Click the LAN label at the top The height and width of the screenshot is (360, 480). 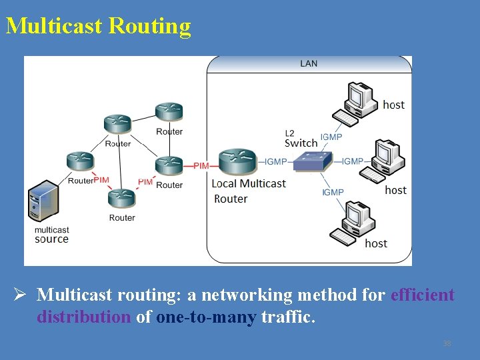coord(309,63)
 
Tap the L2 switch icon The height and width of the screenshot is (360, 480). coord(313,161)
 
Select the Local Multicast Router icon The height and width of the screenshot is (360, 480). coord(237,161)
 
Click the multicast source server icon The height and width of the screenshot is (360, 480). coord(44,202)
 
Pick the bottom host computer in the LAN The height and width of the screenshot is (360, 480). coord(351,223)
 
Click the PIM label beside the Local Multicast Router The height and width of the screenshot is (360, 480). coord(201,165)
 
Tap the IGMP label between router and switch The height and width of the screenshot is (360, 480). coord(275,161)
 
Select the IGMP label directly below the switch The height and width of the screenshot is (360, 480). coord(333,192)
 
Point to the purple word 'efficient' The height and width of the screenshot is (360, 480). coord(423,295)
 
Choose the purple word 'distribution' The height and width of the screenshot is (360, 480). coord(84,317)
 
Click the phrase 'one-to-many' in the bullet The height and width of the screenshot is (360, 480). coord(206,317)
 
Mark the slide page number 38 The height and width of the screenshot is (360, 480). coord(447,343)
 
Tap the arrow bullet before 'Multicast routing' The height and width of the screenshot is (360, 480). coord(20,295)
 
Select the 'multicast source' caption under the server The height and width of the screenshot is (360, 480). coord(51,235)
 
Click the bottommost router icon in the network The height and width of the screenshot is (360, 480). coord(122,198)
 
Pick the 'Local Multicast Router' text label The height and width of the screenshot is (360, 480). coord(247,191)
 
